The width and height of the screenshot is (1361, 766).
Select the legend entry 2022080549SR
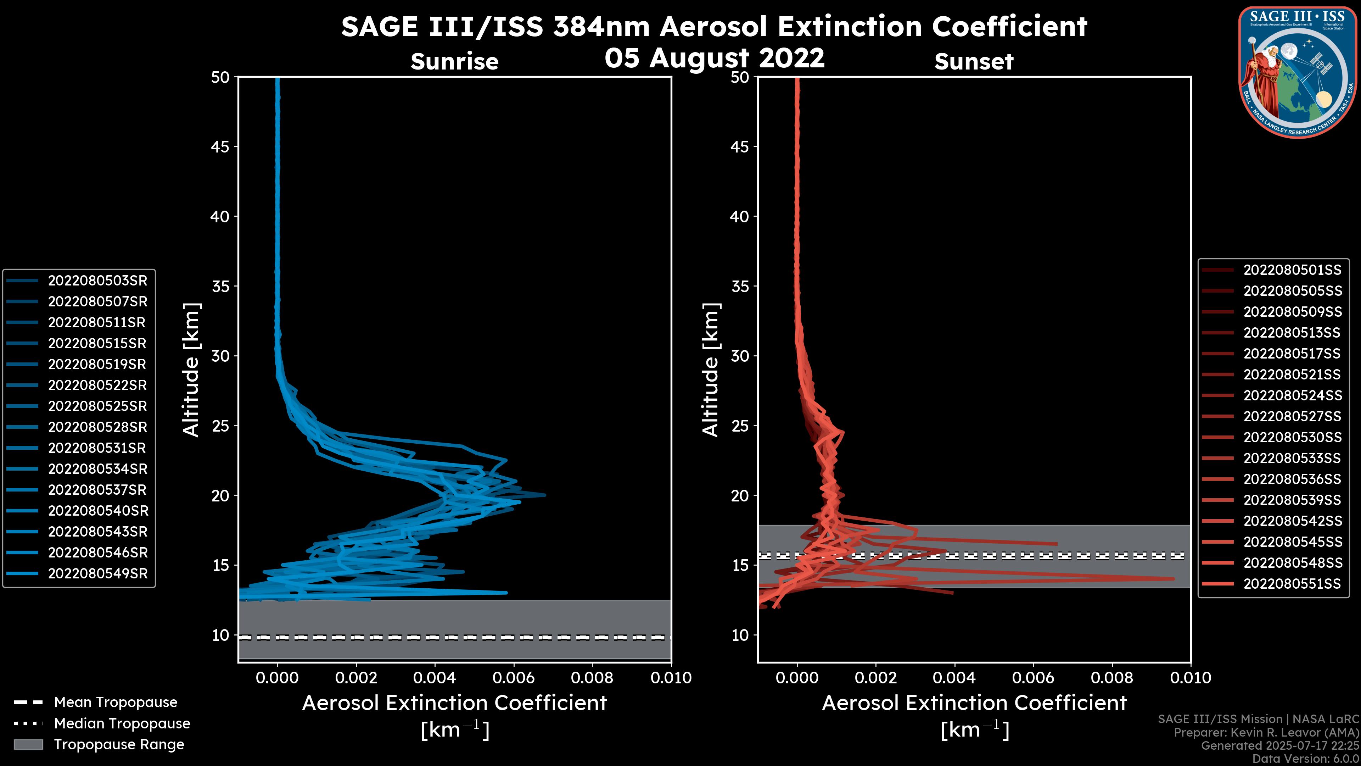pyautogui.click(x=97, y=573)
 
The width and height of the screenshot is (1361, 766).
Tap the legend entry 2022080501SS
pyautogui.click(x=1292, y=270)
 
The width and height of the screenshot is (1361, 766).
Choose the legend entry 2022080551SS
pyautogui.click(x=1292, y=584)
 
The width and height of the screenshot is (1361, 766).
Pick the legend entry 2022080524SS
pyautogui.click(x=1292, y=395)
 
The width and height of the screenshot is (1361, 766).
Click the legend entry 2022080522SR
pyautogui.click(x=97, y=385)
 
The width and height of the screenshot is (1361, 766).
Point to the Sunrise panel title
pyautogui.click(x=454, y=62)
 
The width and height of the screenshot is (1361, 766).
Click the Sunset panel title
pyautogui.click(x=974, y=62)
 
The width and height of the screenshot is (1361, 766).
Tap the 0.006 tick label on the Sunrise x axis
pyautogui.click(x=514, y=678)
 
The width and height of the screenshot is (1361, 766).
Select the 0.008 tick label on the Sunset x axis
pyautogui.click(x=1112, y=678)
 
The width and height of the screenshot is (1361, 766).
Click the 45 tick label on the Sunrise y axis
pyautogui.click(x=220, y=147)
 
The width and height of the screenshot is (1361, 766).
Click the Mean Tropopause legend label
pyautogui.click(x=115, y=703)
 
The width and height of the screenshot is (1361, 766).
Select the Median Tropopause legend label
pyautogui.click(x=122, y=724)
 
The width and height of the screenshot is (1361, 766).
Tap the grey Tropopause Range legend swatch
pyautogui.click(x=28, y=745)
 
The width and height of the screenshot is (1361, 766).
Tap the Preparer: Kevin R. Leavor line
pyautogui.click(x=1266, y=733)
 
